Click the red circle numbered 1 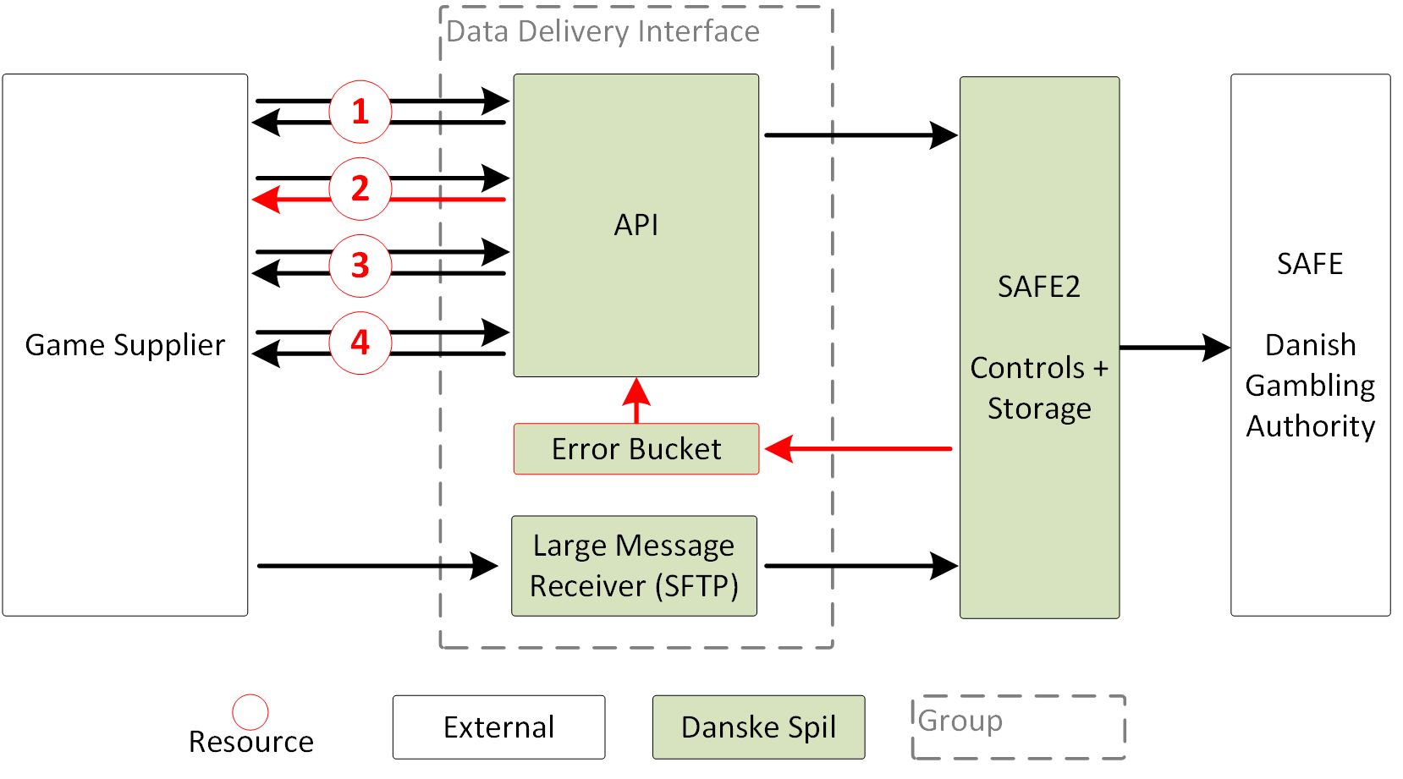(360, 112)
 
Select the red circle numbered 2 (360, 189)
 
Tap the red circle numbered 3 (360, 266)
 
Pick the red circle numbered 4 (360, 343)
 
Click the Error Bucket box (636, 449)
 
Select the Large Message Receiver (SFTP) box (634, 566)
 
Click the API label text (636, 225)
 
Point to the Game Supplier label (125, 345)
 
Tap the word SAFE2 (1039, 287)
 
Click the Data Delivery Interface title (602, 31)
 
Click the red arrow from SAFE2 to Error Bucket (859, 449)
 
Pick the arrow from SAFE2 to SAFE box (1174, 347)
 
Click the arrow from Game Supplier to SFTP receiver (377, 566)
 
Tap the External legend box (498, 727)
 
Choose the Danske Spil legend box (758, 727)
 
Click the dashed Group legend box (1018, 727)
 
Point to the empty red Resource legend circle (250, 712)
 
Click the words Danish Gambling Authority (1310, 386)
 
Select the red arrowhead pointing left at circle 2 (267, 200)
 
